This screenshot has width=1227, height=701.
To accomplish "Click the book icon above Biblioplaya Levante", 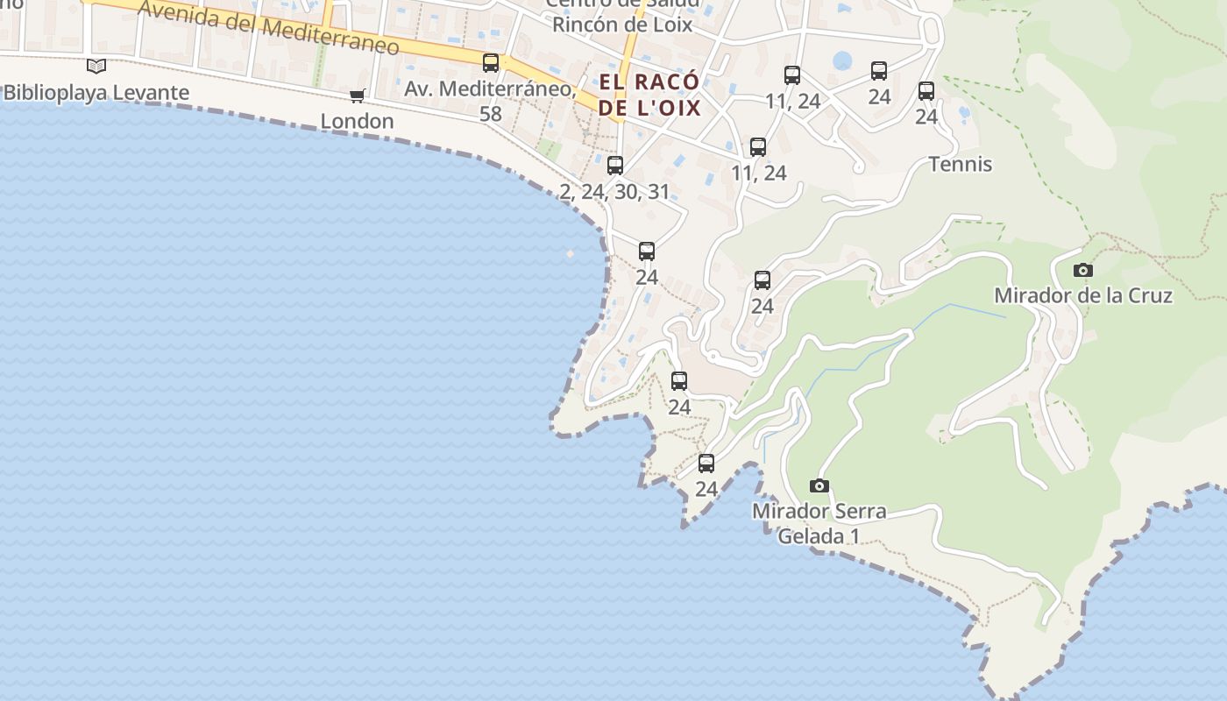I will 96,66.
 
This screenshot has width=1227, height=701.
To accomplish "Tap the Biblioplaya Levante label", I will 96,93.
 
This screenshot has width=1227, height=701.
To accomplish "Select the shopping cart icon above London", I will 357,96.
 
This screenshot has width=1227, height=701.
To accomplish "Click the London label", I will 357,121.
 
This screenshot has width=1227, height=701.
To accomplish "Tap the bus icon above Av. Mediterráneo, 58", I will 491,63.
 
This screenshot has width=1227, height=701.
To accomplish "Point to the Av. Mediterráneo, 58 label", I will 490,101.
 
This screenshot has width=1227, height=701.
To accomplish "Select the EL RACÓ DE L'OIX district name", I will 649,96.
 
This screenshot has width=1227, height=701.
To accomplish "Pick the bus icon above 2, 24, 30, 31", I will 615,166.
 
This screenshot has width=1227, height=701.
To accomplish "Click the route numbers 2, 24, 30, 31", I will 614,192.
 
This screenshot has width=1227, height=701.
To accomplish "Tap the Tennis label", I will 961,164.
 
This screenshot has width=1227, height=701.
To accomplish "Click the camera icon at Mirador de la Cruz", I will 1083,270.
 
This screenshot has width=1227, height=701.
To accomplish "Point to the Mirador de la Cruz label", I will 1083,295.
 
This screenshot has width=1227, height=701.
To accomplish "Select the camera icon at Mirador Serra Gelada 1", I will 819,485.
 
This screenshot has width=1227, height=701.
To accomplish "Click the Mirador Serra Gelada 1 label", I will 819,523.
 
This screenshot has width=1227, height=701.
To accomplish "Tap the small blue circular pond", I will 842,60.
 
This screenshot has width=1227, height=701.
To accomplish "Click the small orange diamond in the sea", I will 570,254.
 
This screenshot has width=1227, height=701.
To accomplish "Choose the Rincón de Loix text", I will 621,25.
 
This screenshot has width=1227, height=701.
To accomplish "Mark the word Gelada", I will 811,535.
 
